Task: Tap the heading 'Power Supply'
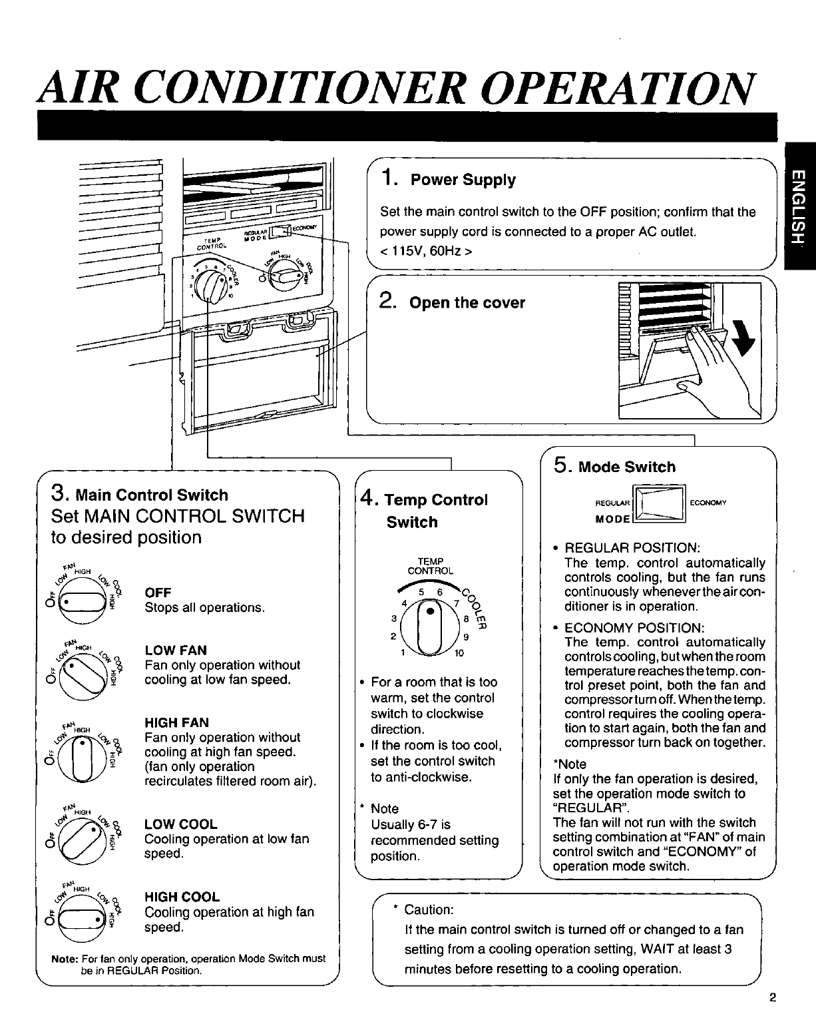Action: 463,180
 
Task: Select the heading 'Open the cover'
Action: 467,303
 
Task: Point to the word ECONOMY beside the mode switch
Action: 708,503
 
